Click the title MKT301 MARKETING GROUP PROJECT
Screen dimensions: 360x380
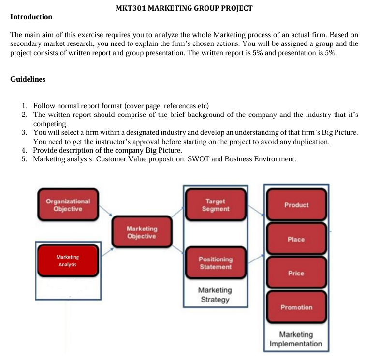pyautogui.click(x=184, y=8)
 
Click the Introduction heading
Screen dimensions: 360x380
pyautogui.click(x=31, y=17)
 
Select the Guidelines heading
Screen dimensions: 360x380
pyautogui.click(x=28, y=79)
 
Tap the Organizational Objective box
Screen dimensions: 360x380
pyautogui.click(x=68, y=205)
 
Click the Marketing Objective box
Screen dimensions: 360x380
pyautogui.click(x=141, y=232)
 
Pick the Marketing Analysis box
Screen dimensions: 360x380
pyautogui.click(x=68, y=261)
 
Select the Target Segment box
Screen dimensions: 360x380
pyautogui.click(x=215, y=205)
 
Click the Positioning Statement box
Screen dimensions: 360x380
pyautogui.click(x=215, y=263)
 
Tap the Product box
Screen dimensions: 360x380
pyautogui.click(x=296, y=205)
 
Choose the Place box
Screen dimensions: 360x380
pyautogui.click(x=296, y=239)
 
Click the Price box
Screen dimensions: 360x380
pyautogui.click(x=296, y=273)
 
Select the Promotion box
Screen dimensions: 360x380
pyautogui.click(x=296, y=307)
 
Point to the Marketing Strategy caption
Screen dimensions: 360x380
pyautogui.click(x=215, y=295)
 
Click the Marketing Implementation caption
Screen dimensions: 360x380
pyautogui.click(x=296, y=339)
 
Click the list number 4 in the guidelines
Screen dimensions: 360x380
pyautogui.click(x=24, y=150)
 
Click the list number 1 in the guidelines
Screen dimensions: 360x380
pyautogui.click(x=24, y=106)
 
